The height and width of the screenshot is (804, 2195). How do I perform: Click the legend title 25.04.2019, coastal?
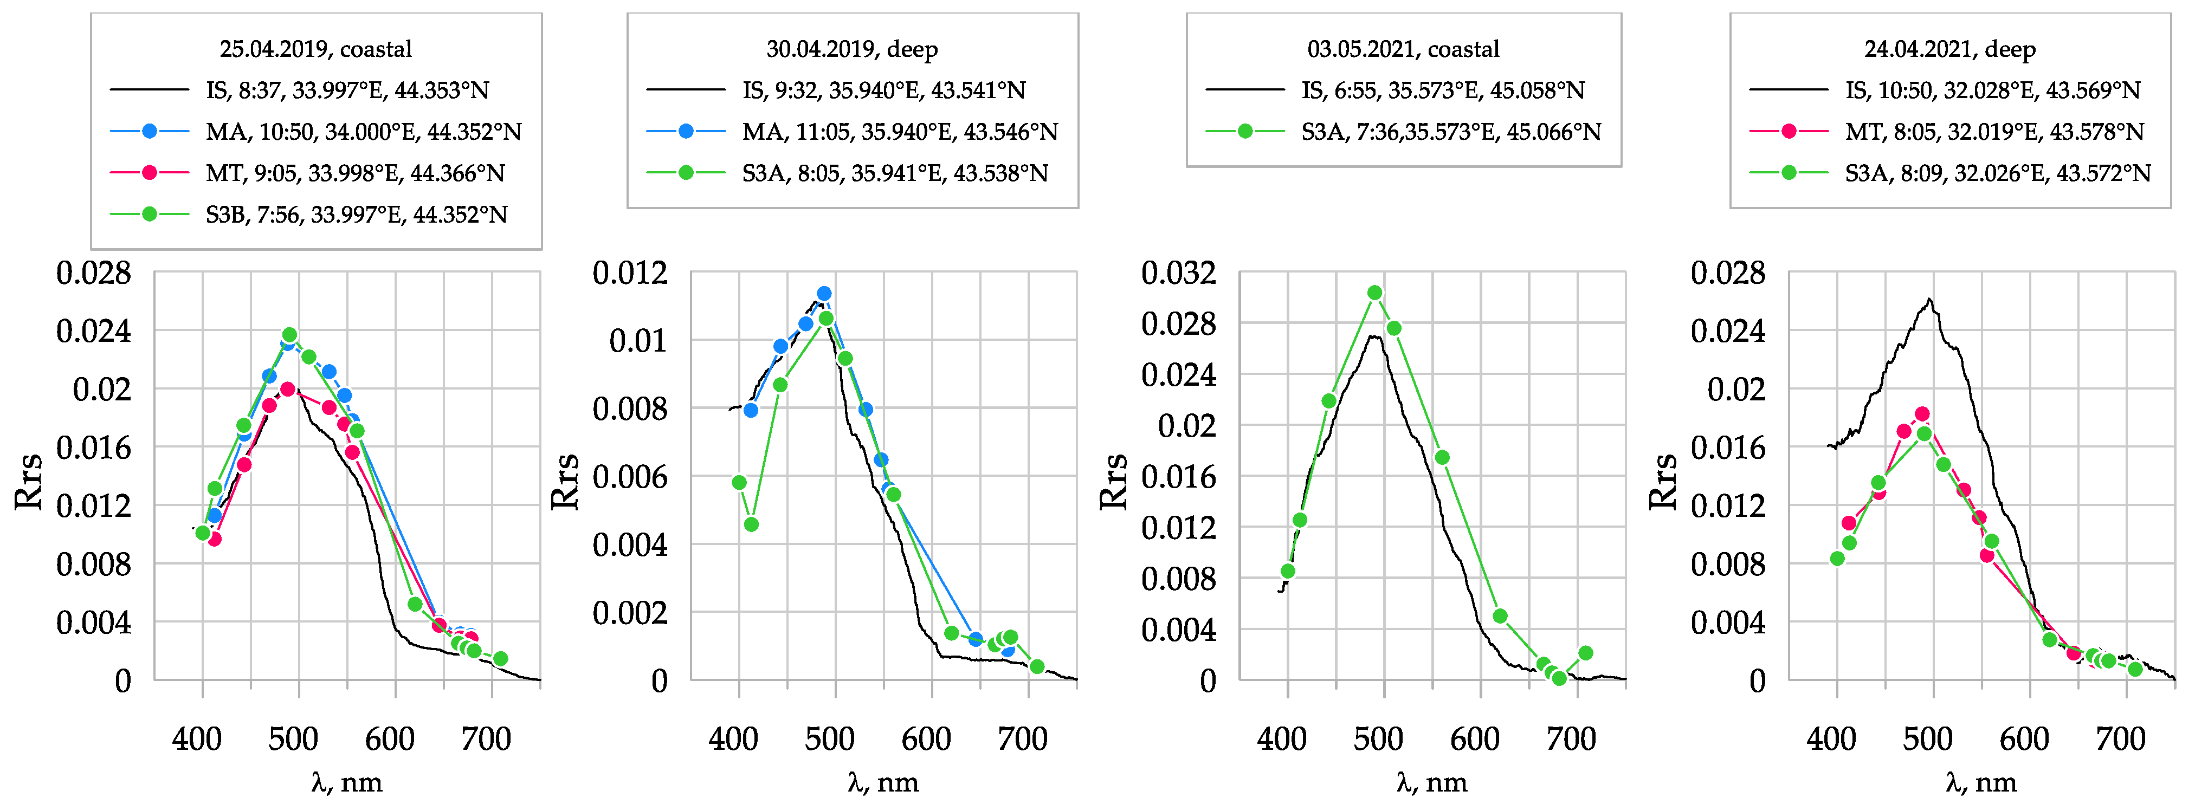point(315,49)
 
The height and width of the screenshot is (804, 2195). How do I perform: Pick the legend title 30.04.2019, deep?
point(851,49)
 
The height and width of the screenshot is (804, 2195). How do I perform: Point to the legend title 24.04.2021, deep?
point(1949,49)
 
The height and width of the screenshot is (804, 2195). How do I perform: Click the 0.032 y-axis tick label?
point(1178,274)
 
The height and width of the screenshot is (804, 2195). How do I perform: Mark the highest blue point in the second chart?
point(824,294)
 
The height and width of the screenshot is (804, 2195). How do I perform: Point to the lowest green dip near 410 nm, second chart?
point(751,524)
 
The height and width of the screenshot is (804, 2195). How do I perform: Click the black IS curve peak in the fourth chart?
point(1928,300)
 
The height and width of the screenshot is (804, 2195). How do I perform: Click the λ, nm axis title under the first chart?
point(347,782)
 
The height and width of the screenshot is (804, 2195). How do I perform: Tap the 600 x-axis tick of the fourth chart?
point(2024,738)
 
